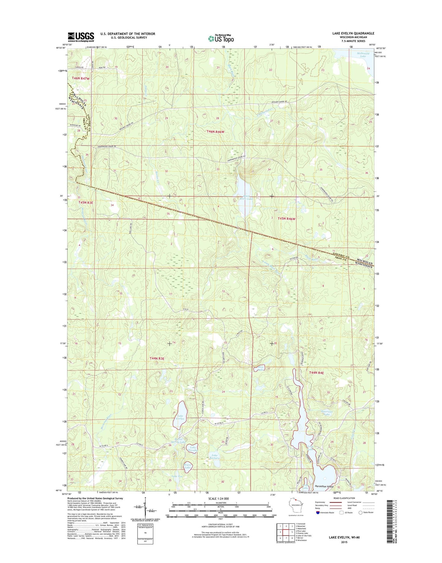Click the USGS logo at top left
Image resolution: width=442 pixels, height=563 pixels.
pos(81,37)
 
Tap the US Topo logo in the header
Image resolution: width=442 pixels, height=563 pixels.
pos(221,38)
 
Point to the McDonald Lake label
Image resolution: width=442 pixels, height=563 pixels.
pos(363,55)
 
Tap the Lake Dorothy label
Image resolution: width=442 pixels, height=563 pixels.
pos(193,449)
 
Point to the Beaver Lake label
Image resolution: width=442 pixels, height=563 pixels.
pos(188,466)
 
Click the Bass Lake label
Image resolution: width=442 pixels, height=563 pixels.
pos(261,368)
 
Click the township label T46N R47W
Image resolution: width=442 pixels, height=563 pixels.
pos(81,79)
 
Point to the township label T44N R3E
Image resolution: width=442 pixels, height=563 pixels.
pos(157,358)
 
